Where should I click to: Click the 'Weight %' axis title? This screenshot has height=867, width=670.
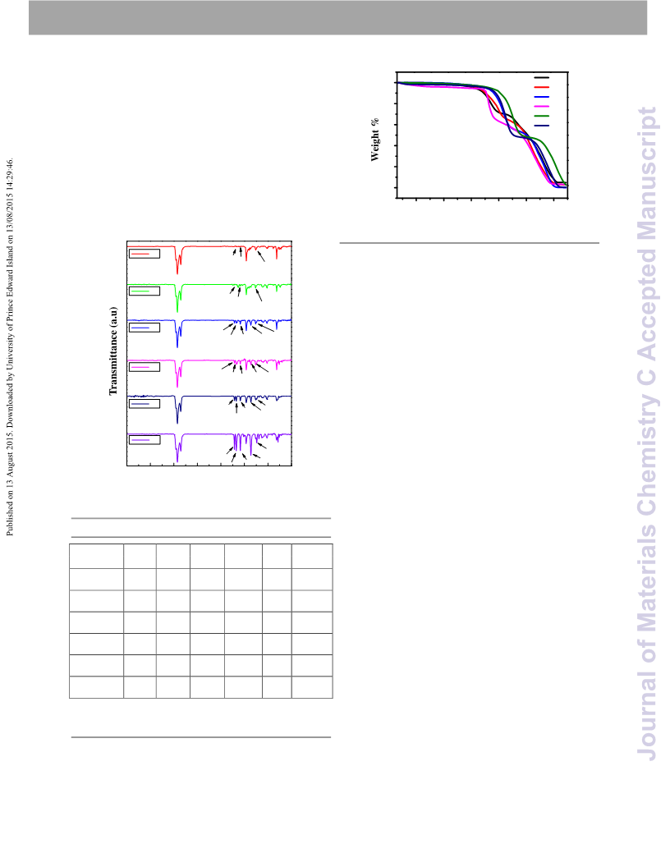point(375,140)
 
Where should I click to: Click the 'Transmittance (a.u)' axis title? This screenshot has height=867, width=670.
point(113,351)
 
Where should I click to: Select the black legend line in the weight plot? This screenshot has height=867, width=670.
point(542,78)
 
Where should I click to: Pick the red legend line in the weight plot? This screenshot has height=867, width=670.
point(542,87)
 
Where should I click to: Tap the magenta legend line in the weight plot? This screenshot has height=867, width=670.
point(542,106)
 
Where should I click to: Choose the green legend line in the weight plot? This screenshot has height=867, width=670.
point(542,116)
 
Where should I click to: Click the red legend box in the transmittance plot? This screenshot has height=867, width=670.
point(145,254)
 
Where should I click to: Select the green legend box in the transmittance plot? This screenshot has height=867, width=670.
point(145,291)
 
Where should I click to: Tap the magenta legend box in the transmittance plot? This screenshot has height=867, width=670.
point(145,367)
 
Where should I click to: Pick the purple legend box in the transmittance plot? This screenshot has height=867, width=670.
point(145,439)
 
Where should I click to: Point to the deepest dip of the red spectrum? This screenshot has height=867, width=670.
point(177,273)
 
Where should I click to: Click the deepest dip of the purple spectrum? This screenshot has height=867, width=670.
point(177,461)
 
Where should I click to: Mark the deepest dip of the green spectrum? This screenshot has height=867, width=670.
point(177,312)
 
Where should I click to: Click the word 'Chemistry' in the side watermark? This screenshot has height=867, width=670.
point(647,455)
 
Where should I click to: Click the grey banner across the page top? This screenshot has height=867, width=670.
point(337,18)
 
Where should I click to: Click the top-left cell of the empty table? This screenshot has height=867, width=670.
point(96,557)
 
